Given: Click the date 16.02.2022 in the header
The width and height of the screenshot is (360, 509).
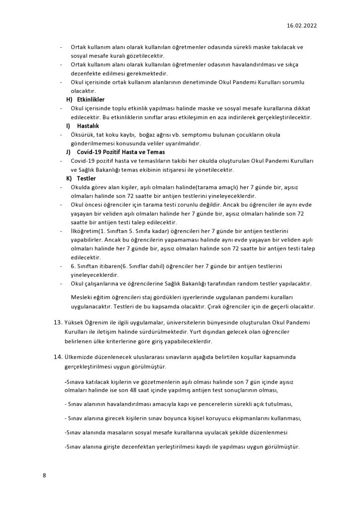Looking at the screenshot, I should (x=301, y=24).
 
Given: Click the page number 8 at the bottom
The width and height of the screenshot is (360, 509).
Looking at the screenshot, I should (x=44, y=475).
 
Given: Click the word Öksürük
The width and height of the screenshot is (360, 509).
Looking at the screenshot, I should (x=83, y=135).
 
